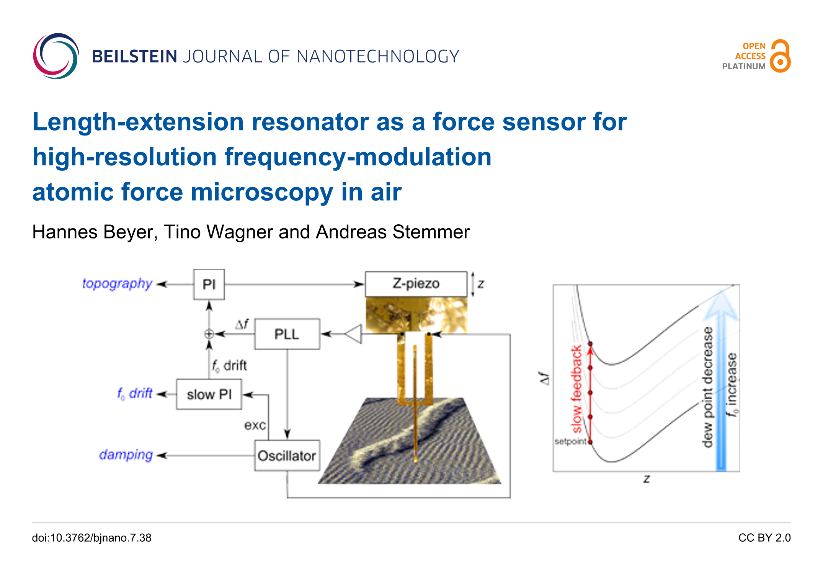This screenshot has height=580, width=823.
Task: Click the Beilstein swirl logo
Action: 56,56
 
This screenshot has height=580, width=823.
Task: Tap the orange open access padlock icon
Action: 780,56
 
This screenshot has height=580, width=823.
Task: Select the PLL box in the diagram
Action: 287,334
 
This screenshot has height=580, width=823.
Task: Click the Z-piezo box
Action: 416,284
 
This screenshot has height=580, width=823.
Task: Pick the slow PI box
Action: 209,394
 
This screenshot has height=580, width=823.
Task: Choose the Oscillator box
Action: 287,456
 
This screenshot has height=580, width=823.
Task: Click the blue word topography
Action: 117,284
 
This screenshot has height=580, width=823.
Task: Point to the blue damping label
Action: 126,455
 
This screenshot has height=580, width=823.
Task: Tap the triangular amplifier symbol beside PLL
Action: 354,334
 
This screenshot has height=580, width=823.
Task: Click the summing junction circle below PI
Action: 209,334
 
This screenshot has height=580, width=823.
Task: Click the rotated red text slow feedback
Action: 576,389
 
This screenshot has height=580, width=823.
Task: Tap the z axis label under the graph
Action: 647,479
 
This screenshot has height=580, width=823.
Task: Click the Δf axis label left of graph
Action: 544,378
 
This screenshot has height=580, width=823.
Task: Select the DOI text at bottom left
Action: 91,538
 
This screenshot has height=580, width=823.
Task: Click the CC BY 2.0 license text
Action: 764,538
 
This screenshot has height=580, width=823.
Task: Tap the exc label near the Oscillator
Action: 255,425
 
